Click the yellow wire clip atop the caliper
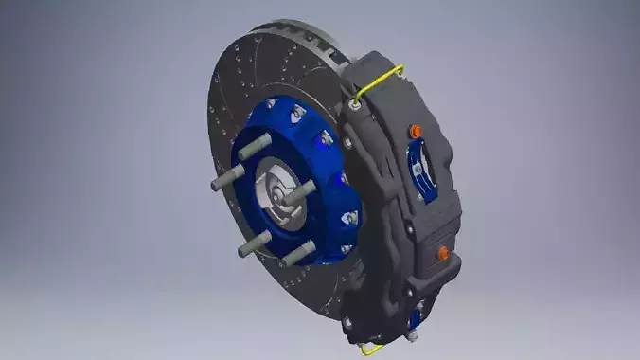click(383, 81)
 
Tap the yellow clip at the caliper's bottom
click(364, 347)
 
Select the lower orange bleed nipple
click(441, 252)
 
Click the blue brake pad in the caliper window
click(418, 175)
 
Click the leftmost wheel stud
click(222, 179)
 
